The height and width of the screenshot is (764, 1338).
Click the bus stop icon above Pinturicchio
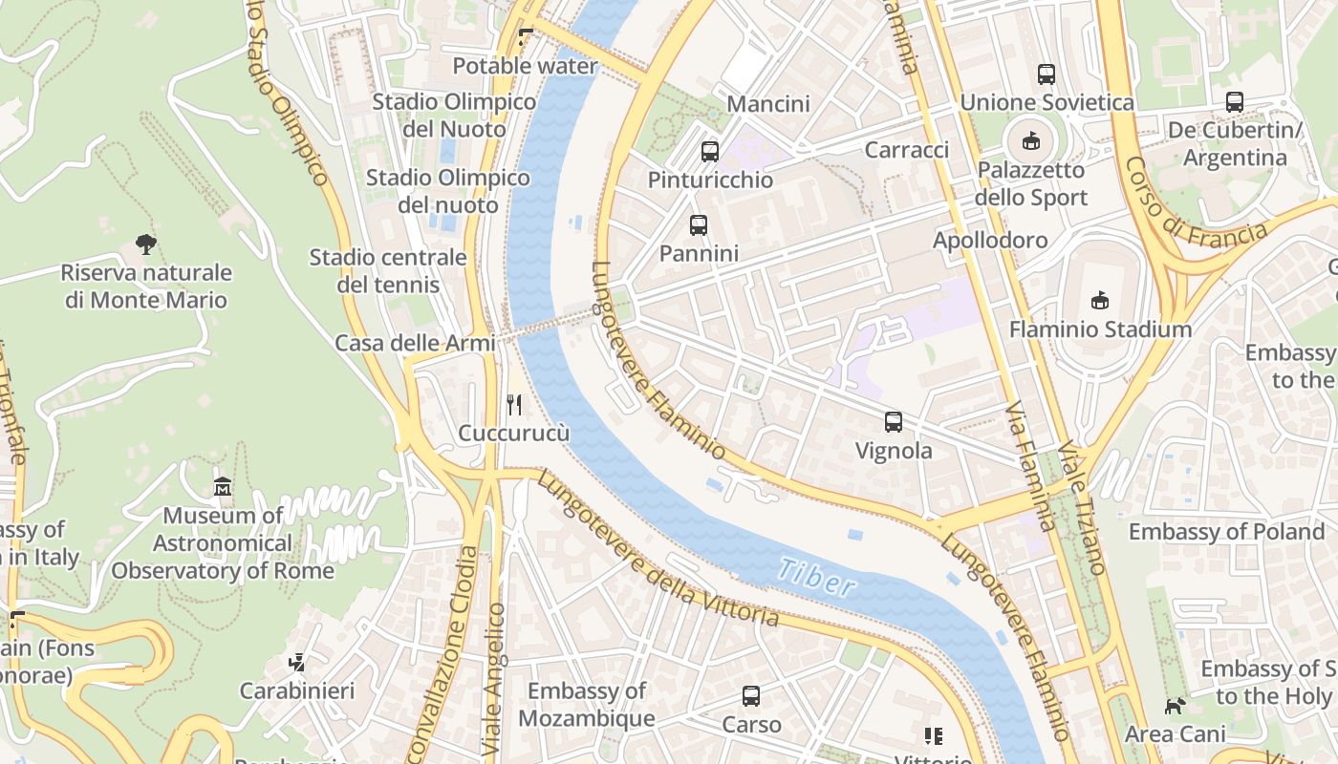709,151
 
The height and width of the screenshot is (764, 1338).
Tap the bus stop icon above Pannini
699,225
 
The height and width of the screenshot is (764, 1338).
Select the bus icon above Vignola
894,422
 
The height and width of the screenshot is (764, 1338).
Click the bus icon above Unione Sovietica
1047,74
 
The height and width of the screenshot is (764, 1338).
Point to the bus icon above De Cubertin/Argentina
1235,101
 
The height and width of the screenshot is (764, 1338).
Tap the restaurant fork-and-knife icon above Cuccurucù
514,405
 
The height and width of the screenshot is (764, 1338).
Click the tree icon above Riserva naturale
146,244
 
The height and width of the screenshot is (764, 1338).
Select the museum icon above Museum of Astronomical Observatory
223,487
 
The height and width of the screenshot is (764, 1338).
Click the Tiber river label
815,577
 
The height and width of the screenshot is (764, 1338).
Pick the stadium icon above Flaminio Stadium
1100,301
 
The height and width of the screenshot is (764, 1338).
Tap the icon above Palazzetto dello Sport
1030,141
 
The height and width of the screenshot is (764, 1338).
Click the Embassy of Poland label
1226,532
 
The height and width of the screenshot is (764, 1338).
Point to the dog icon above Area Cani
1175,707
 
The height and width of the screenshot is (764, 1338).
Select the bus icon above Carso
751,696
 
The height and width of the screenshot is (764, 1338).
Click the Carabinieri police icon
297,662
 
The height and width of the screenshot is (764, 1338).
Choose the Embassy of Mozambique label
587,705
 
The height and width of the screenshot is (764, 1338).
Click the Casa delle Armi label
415,344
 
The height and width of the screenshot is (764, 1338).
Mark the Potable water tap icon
525,38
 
